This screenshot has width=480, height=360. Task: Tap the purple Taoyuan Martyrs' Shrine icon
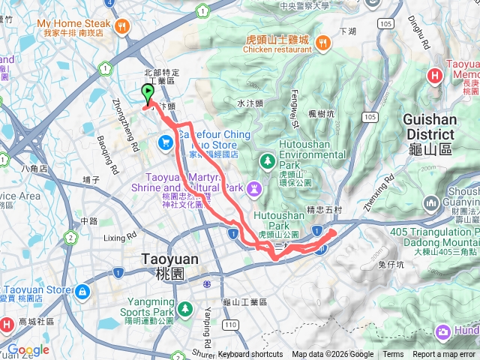255,184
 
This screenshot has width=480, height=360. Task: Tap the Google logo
28,349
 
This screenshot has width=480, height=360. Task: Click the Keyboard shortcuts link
250,355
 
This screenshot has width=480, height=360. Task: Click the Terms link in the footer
393,355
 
